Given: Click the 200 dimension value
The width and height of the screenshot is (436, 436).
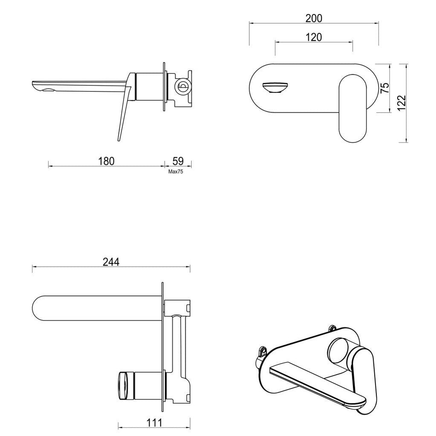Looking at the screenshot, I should pyautogui.click(x=314, y=18).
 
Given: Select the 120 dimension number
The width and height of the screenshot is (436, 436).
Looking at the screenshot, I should pyautogui.click(x=314, y=37).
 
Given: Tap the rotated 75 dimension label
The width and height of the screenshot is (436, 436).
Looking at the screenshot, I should pyautogui.click(x=384, y=87).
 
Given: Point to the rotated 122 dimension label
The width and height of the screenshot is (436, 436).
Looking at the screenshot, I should pyautogui.click(x=401, y=103).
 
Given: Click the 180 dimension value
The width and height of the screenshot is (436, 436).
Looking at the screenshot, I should pyautogui.click(x=106, y=161).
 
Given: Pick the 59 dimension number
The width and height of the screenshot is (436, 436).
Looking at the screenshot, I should pyautogui.click(x=178, y=161).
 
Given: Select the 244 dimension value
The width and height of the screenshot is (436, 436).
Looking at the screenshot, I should pyautogui.click(x=111, y=262).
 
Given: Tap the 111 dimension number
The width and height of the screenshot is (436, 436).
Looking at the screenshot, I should pyautogui.click(x=154, y=423).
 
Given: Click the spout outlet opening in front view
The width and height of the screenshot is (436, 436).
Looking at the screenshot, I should pyautogui.click(x=275, y=87).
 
